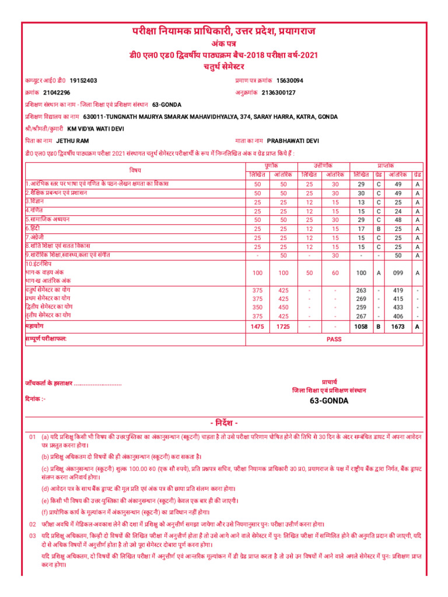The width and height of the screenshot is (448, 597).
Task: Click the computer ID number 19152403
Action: click(83, 80)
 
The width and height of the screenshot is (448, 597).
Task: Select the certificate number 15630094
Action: click(290, 80)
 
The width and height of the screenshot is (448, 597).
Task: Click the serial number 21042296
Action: click(57, 93)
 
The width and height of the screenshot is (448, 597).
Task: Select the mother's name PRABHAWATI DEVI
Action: click(293, 141)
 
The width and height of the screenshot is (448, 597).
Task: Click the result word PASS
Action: click(334, 338)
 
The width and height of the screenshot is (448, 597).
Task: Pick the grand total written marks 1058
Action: click(360, 327)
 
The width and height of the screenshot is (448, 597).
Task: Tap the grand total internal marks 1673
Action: click(398, 327)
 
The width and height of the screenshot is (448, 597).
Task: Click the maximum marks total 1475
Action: click(257, 327)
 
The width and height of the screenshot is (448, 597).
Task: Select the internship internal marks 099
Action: click(398, 273)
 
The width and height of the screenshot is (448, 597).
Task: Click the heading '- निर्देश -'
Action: click(224, 422)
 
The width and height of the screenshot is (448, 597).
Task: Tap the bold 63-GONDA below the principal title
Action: click(329, 401)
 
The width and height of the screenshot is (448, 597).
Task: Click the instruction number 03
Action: click(32, 535)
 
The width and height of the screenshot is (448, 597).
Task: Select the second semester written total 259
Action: click(360, 307)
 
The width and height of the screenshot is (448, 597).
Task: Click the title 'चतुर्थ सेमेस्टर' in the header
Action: click(224, 66)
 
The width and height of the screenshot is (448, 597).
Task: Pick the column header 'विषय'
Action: click(135, 170)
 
